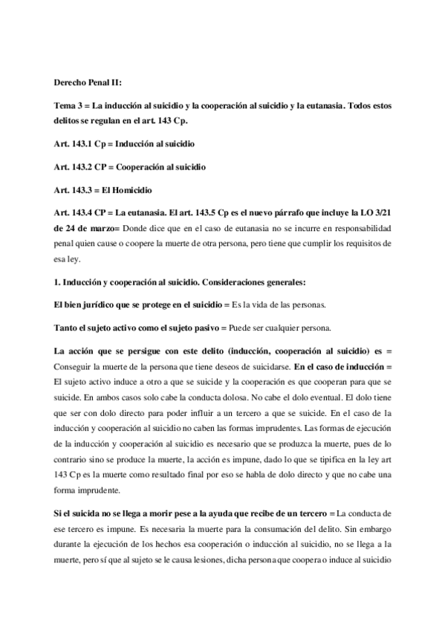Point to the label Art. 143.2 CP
click(x=82, y=166)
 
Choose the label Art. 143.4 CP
click(x=82, y=213)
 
